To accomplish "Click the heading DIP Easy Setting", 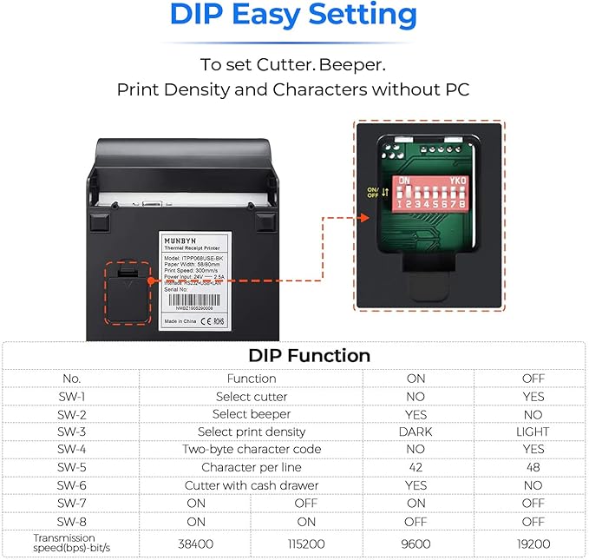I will tap(293, 16).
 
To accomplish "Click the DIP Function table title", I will tap(309, 355).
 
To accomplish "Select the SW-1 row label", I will tap(71, 397).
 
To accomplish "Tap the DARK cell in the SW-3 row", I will tap(416, 432).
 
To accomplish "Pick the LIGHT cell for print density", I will tap(533, 432).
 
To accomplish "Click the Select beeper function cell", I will tap(252, 414).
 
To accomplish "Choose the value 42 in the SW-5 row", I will tap(416, 467).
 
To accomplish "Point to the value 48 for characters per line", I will tap(533, 467).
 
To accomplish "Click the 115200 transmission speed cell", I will tap(306, 543).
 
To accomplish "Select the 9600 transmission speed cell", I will tap(416, 543).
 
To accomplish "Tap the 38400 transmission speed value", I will tap(196, 543).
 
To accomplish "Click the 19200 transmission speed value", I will tap(533, 543).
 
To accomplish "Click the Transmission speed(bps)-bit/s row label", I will tap(71, 543).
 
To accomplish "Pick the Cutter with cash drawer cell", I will tap(252, 485).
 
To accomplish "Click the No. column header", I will tap(71, 379).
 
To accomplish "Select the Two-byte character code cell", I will tap(252, 450).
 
